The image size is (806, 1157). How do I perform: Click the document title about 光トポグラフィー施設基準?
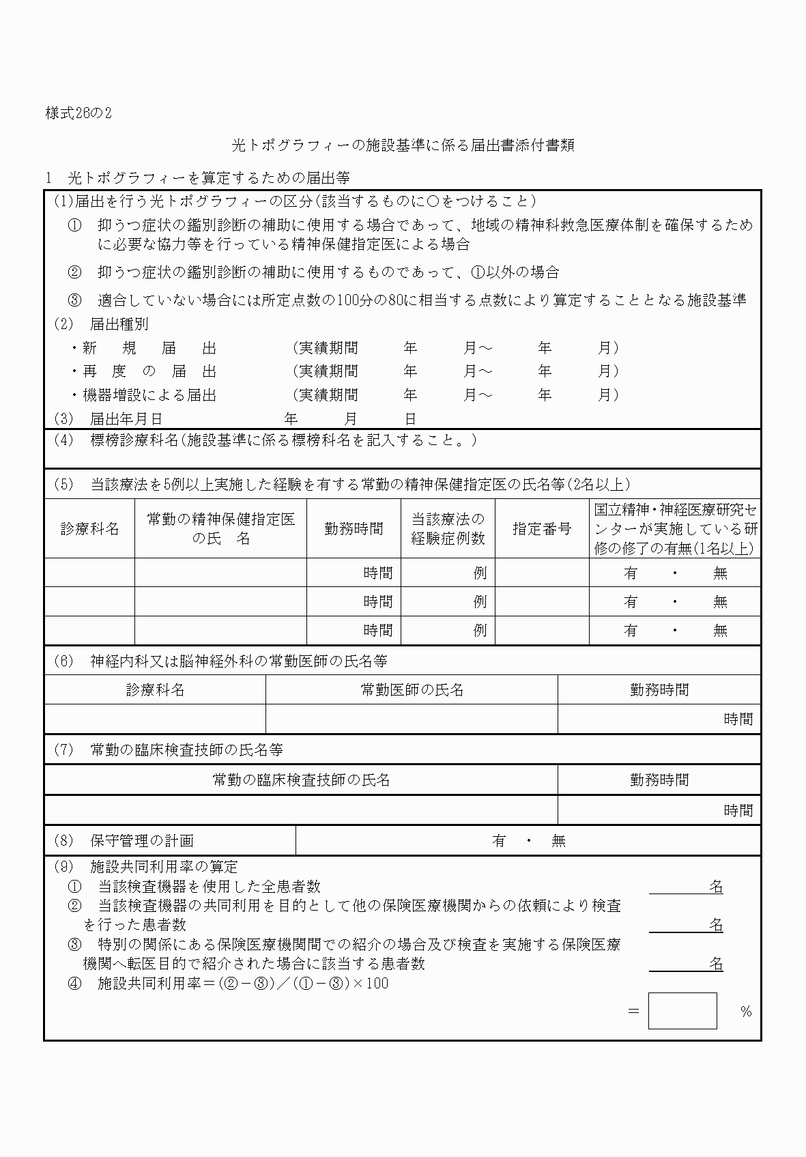403,145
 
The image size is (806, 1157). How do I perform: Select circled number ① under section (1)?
74,225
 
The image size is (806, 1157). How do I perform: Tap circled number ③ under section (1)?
74,300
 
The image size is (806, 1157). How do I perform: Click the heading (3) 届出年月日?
108,418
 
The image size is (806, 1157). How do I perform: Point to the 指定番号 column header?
542,529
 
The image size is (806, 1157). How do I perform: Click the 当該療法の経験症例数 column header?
448,529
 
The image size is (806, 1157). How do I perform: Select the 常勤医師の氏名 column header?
412,690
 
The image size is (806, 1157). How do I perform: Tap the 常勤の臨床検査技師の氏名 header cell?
301,780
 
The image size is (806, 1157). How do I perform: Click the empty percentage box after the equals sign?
682,1011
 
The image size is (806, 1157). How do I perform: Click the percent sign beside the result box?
746,1012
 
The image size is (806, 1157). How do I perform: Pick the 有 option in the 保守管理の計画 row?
499,841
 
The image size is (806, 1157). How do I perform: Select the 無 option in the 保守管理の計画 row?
559,841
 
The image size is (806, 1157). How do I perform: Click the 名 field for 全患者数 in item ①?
686,887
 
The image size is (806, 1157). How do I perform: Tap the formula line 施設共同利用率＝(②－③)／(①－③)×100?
243,984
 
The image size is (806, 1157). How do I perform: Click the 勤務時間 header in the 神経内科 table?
659,690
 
